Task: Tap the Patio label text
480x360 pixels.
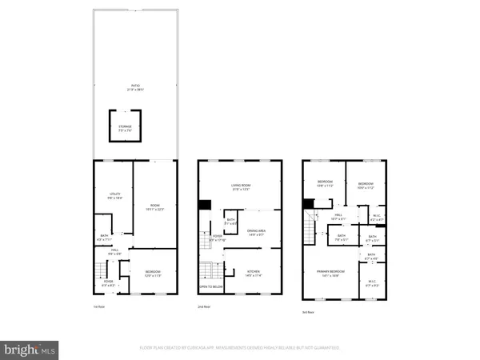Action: click(x=133, y=87)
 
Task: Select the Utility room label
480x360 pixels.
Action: click(x=114, y=194)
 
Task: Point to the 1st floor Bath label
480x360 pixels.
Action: click(x=104, y=238)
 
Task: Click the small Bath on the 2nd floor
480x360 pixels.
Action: click(x=230, y=222)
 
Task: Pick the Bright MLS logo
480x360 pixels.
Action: click(x=30, y=349)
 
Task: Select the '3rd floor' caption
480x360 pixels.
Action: click(x=308, y=311)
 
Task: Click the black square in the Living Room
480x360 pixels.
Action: click(x=204, y=206)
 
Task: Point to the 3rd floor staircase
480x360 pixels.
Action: click(x=310, y=232)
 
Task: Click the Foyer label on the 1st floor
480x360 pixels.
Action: click(x=108, y=282)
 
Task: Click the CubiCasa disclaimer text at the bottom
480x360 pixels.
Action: click(x=240, y=348)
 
